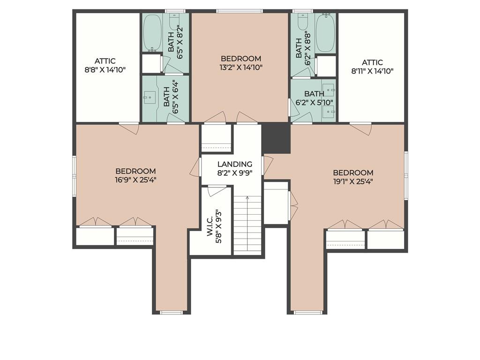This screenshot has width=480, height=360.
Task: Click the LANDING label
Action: pyautogui.click(x=235, y=165)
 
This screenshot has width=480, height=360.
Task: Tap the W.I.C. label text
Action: pyautogui.click(x=210, y=226)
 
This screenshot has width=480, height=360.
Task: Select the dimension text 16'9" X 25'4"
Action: pyautogui.click(x=135, y=180)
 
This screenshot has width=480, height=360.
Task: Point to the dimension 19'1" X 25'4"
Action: pyautogui.click(x=353, y=181)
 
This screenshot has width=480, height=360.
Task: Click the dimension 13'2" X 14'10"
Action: pyautogui.click(x=241, y=67)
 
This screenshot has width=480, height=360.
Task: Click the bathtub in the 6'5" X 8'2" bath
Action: pyautogui.click(x=152, y=33)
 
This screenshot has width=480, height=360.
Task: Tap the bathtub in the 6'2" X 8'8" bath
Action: pyautogui.click(x=325, y=33)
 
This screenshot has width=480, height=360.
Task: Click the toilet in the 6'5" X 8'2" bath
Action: pyautogui.click(x=174, y=18)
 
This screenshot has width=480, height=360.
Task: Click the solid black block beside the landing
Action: pyautogui.click(x=276, y=138)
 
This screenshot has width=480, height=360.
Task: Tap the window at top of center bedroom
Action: pyautogui.click(x=240, y=11)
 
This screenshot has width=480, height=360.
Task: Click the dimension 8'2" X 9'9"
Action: pyautogui.click(x=235, y=173)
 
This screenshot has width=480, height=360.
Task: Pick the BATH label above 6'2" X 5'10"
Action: pyautogui.click(x=314, y=94)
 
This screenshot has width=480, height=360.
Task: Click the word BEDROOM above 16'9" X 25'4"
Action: pyautogui.click(x=135, y=171)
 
